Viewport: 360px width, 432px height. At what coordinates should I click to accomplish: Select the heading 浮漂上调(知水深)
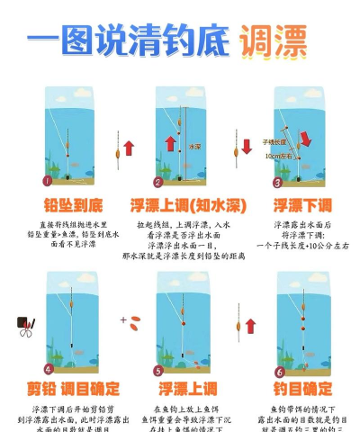pyautogui.click(x=180, y=204)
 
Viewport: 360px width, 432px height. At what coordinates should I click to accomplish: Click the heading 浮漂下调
pyautogui.click(x=302, y=204)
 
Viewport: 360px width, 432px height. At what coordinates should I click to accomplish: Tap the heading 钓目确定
pyautogui.click(x=302, y=389)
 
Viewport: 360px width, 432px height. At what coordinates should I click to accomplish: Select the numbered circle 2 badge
pyautogui.click(x=158, y=181)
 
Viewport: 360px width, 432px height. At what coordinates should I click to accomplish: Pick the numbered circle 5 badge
pyautogui.click(x=159, y=369)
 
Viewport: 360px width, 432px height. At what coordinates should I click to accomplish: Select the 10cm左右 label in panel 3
pyautogui.click(x=275, y=155)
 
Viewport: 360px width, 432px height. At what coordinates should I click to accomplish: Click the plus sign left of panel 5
pyautogui.click(x=123, y=319)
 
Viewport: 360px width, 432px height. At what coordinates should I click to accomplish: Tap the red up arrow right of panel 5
pyautogui.click(x=249, y=325)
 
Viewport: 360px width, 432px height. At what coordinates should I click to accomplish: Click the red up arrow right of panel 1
pyautogui.click(x=129, y=147)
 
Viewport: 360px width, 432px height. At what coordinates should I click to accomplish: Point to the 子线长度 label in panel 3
pyautogui.click(x=274, y=141)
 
